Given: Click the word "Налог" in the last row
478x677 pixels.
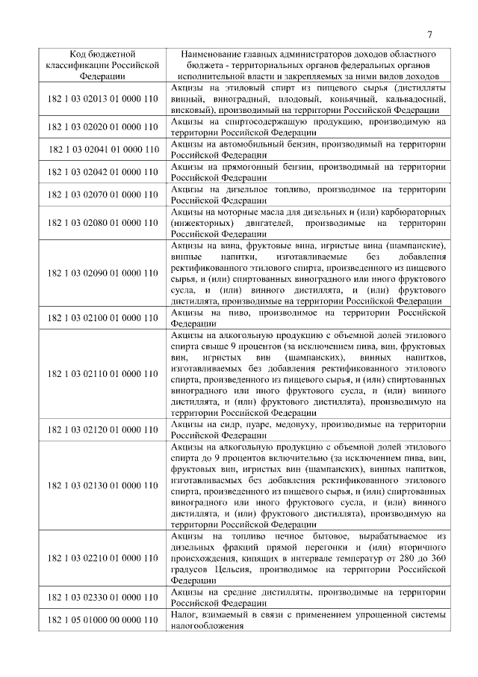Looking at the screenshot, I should click(184, 615).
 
